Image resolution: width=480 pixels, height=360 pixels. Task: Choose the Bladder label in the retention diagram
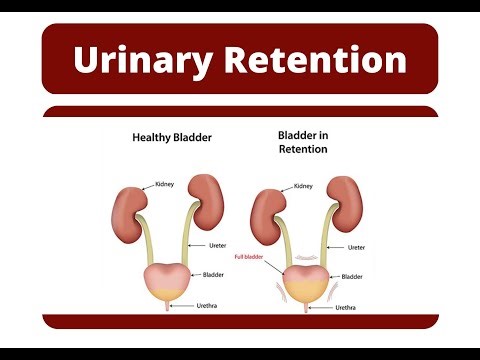point(353,276)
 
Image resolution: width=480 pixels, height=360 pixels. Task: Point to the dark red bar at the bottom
point(240,320)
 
